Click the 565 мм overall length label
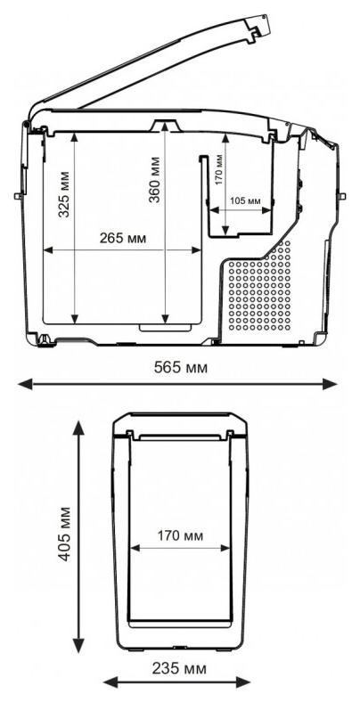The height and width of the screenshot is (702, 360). [181, 368]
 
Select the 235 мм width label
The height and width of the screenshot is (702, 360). [179, 669]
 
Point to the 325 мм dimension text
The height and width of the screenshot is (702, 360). [64, 194]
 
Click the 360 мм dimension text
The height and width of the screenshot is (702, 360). [154, 180]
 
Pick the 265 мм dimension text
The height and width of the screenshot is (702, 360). [123, 238]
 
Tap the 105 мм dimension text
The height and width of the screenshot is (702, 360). [245, 201]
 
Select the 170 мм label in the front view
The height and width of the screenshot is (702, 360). [179, 535]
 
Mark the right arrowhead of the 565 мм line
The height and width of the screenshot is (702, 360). [330, 384]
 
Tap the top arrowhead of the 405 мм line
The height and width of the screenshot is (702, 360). [78, 428]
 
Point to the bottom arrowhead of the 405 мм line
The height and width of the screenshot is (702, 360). [78, 645]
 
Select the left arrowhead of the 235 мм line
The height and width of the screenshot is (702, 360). [111, 683]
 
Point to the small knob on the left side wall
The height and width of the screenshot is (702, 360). [18, 196]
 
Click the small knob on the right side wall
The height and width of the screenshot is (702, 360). [342, 196]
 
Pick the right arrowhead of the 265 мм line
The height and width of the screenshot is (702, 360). [197, 250]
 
